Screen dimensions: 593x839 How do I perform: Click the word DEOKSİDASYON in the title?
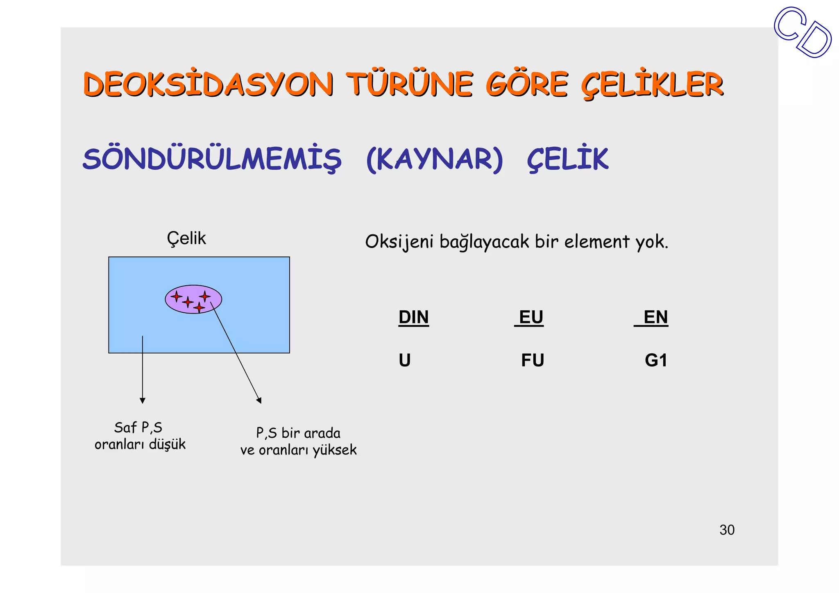[x=208, y=85]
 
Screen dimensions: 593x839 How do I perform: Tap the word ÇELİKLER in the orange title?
[x=652, y=85]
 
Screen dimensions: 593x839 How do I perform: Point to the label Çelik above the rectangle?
[x=186, y=239]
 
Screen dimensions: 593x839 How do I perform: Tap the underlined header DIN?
[x=413, y=317]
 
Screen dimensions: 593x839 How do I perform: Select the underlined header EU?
[x=531, y=317]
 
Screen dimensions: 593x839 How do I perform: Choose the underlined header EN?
[x=655, y=317]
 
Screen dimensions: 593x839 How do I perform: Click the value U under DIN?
[x=404, y=360]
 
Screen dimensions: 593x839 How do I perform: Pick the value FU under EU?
[x=532, y=360]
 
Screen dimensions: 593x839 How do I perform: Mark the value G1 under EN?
[x=655, y=360]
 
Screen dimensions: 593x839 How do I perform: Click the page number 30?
[x=727, y=530]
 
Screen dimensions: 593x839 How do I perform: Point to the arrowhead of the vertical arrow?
[x=143, y=400]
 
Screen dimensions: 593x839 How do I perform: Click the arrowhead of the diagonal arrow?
[x=259, y=400]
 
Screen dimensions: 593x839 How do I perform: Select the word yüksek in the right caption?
[x=335, y=450]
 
